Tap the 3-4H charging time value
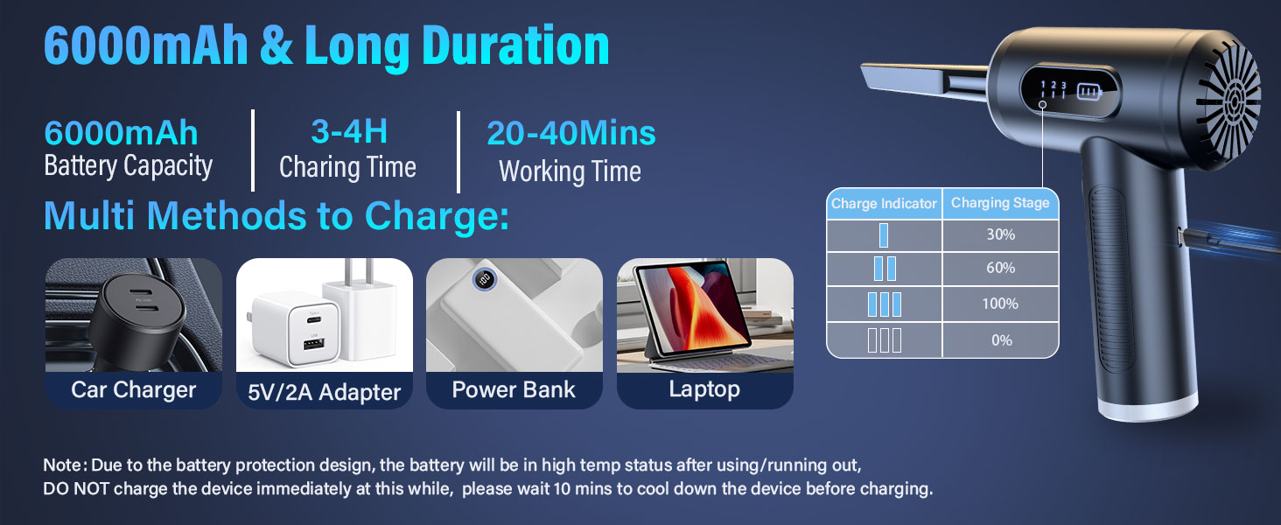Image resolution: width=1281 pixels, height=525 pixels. [x=348, y=131]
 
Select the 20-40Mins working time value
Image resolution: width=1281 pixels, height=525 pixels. [x=570, y=133]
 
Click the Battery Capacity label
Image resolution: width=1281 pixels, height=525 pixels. [x=129, y=166]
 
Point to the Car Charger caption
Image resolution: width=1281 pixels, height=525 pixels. [x=133, y=389]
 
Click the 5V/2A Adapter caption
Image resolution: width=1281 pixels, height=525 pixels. [x=324, y=391]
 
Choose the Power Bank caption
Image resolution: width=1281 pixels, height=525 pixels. [x=514, y=389]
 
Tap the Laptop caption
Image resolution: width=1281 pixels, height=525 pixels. [x=704, y=389]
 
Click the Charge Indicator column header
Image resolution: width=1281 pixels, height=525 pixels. [x=884, y=204]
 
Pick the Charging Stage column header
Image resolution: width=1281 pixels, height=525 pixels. [x=1000, y=203]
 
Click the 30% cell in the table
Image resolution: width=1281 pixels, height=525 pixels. [x=1000, y=235]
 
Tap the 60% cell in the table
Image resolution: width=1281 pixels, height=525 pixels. [x=1000, y=269]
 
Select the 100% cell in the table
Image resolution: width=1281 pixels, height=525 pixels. [x=1000, y=304]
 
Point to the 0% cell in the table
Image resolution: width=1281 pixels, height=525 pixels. [x=1001, y=340]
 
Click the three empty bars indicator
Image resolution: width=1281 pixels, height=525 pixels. [x=884, y=340]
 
